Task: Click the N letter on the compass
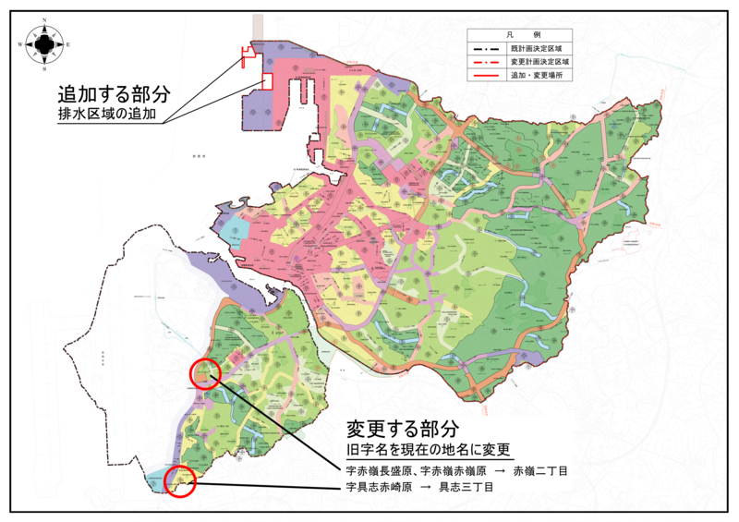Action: pos(45,20)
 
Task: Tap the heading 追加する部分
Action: pos(114,94)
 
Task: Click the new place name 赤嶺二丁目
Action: pos(540,471)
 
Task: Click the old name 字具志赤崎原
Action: pos(374,486)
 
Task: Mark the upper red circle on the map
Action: pos(204,372)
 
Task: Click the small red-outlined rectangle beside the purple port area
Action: pos(267,81)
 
